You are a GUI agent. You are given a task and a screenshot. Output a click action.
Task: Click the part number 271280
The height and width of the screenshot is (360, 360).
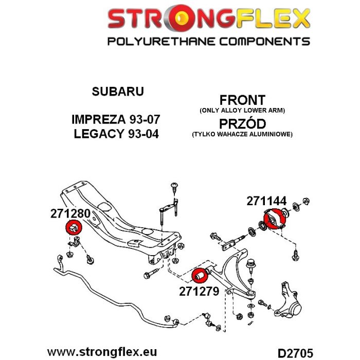[x=70, y=213]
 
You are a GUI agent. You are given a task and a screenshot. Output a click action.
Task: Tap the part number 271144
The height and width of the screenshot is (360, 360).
[x=266, y=201]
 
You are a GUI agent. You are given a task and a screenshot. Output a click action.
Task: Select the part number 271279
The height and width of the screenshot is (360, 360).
[x=199, y=292]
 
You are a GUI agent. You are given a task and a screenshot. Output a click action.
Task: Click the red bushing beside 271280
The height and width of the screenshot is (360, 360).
[x=74, y=227]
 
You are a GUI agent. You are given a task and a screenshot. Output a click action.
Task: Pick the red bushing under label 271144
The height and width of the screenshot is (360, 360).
[x=274, y=219]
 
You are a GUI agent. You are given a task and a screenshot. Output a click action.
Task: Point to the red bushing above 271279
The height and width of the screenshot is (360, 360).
[x=200, y=275]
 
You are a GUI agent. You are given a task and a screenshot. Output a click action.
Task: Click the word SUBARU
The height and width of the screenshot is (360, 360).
[x=118, y=92]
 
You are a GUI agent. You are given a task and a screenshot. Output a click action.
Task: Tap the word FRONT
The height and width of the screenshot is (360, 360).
[x=242, y=100]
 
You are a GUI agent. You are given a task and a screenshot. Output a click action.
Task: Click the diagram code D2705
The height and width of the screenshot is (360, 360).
[x=295, y=353]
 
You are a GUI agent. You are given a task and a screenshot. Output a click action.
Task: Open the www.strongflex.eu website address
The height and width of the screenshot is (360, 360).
[x=102, y=352]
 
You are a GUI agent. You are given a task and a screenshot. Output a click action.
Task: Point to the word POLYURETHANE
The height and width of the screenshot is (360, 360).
[x=161, y=42]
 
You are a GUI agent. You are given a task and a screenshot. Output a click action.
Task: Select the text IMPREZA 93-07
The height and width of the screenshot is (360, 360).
[x=116, y=119]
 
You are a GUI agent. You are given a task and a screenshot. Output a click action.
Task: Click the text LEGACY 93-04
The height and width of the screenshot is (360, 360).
[x=116, y=134]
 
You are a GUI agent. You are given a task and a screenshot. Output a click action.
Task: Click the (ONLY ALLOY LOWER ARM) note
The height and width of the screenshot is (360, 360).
[x=242, y=111]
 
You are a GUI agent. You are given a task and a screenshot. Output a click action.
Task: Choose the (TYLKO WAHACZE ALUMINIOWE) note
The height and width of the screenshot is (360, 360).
[x=242, y=134]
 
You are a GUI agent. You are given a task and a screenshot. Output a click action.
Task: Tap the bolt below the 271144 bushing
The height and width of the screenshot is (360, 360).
[x=296, y=255]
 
